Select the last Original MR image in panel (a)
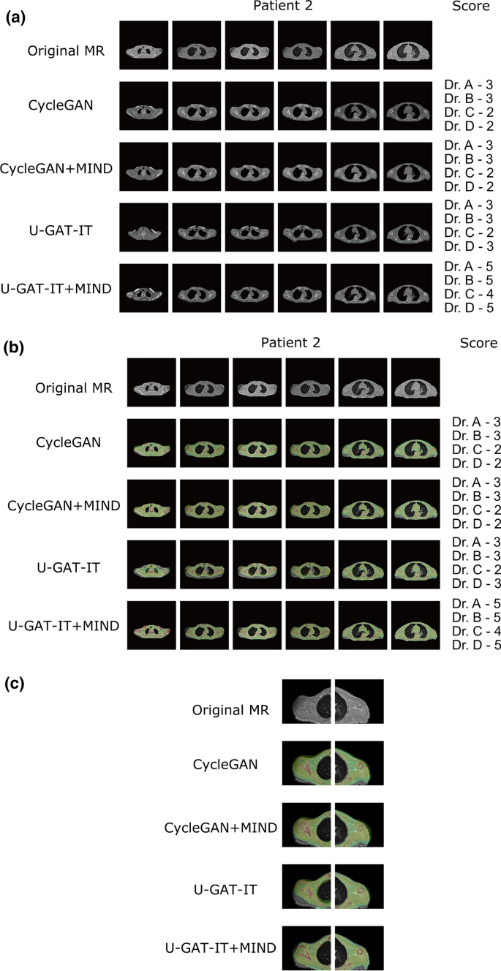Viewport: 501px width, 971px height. pos(407,45)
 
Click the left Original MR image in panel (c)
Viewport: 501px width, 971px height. pos(307,701)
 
